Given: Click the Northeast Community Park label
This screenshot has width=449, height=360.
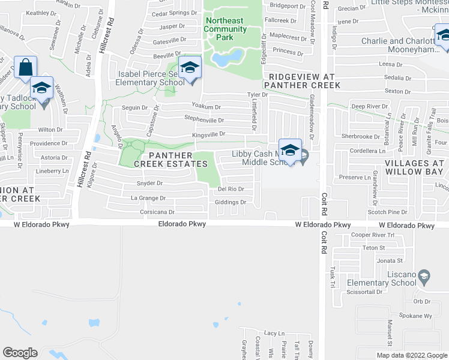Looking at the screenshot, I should [x=225, y=29].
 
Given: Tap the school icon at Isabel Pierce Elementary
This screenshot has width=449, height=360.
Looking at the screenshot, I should [x=190, y=68].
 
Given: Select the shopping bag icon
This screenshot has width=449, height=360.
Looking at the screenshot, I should [x=26, y=68].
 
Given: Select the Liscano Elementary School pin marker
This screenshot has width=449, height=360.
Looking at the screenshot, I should [x=424, y=277].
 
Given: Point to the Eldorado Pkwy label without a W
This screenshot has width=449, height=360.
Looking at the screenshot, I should [x=182, y=224].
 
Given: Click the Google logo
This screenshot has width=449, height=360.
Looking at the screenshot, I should [x=20, y=353].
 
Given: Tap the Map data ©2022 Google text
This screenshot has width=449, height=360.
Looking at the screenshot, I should [x=412, y=355].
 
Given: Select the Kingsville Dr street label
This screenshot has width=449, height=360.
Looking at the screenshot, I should [x=208, y=135].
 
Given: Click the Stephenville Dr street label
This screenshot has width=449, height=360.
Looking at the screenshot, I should [x=204, y=120].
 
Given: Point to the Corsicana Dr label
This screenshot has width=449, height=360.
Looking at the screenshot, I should [x=154, y=212].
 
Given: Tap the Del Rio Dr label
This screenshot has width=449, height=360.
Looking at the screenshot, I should [x=231, y=189].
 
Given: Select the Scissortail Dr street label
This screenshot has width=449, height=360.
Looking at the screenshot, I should [x=364, y=292].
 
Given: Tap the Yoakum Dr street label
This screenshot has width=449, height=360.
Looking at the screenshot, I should [x=214, y=106].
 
